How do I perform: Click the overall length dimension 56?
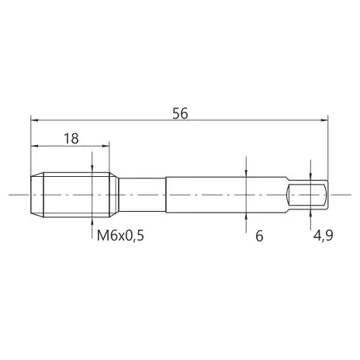coord(180,113)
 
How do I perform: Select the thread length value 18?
coord(71,139)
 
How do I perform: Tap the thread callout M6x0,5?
coord(120,236)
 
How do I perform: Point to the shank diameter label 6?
coord(259,236)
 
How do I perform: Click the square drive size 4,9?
coord(324,236)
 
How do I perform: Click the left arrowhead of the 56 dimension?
coord(34,120)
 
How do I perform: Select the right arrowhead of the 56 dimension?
coord(324,120)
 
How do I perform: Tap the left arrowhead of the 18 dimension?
coord(34,146)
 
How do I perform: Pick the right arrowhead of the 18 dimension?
coord(106,146)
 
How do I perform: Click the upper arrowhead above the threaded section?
coord(92,169)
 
